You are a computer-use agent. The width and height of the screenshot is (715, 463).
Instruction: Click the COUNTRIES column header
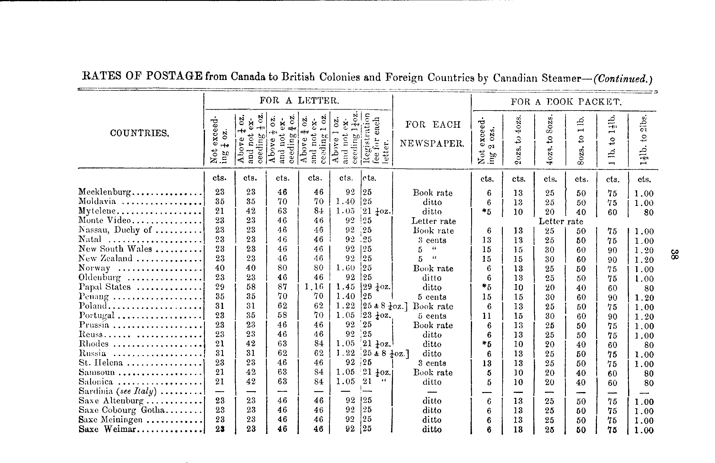tap(140, 133)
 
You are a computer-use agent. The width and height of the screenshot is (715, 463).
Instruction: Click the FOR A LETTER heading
tap(299, 101)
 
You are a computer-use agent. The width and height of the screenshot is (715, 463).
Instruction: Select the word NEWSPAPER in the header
tap(432, 143)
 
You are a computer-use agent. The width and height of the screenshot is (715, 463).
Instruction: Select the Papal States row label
tap(105, 287)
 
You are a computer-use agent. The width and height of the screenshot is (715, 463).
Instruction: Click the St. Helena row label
tap(101, 363)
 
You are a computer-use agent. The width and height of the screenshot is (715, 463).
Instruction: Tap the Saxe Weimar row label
tap(108, 429)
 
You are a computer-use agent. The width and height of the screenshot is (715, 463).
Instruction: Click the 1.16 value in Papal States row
tap(314, 287)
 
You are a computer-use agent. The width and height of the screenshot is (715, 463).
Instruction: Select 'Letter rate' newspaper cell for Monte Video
tap(433, 221)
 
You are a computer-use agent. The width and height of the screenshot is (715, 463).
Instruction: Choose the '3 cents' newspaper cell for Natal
tap(432, 240)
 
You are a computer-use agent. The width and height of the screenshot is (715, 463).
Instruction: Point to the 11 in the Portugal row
tap(487, 316)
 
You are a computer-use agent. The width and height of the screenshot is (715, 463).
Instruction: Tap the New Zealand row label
tap(106, 258)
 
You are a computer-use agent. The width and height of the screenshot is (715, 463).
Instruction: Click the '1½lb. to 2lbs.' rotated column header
tap(643, 139)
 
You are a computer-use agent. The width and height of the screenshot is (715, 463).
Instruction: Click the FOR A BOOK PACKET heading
tap(566, 102)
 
